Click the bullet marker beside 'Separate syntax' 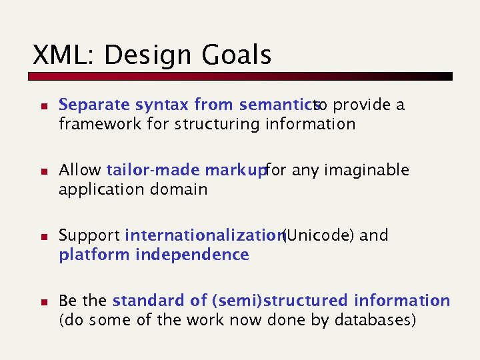41,106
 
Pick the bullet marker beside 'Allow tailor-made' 41,171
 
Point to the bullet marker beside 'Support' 41,237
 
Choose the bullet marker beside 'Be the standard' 41,302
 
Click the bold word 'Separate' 94,105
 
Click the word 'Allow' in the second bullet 80,171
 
